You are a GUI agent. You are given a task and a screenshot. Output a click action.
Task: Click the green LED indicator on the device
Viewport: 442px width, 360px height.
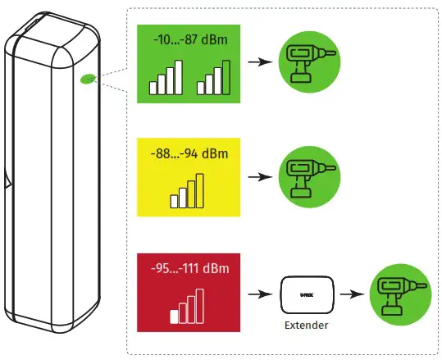point(88,80)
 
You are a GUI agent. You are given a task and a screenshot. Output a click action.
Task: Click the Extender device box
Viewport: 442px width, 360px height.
point(308,293)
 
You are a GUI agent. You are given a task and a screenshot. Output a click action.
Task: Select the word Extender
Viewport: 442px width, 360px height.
point(308,324)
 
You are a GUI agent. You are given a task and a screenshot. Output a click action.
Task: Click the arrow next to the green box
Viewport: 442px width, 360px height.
point(261,62)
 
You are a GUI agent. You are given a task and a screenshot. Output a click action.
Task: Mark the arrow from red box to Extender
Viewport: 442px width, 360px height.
point(261,293)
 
